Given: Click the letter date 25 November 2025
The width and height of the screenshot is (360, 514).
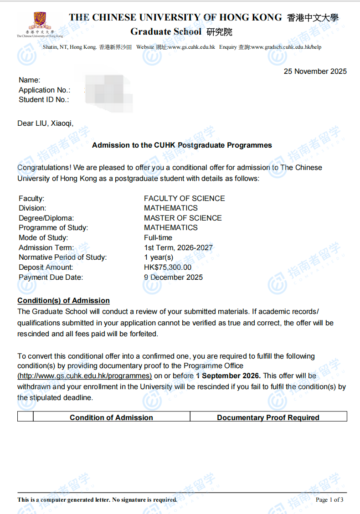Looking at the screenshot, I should tap(315, 72).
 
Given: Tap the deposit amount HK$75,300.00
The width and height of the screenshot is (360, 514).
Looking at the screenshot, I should tap(168, 267).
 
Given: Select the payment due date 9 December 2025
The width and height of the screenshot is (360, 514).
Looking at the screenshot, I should tap(173, 278).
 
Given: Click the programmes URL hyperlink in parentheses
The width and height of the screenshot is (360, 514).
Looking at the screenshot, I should tap(85, 376).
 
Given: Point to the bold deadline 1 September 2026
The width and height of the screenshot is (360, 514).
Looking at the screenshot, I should tap(228, 376).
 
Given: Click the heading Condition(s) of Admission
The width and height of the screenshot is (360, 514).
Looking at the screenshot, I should tap(63, 301).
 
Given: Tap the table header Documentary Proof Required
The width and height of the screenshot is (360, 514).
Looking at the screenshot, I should tap(268, 417).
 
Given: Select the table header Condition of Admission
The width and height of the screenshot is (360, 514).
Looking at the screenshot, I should tap(111, 417).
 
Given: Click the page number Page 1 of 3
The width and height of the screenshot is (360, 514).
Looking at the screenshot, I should tap(329, 500).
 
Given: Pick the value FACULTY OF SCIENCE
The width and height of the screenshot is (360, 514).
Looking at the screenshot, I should tap(184, 199).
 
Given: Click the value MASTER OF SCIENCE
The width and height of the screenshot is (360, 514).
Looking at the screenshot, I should tap(183, 218).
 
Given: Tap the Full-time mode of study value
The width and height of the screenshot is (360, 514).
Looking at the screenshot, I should tap(158, 238).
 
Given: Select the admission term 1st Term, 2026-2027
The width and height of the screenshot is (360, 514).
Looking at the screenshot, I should tap(178, 248).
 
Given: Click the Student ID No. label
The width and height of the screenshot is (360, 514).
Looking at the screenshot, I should tap(44, 100).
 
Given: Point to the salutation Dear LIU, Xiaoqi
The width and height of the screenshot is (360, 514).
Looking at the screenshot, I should tap(45, 123).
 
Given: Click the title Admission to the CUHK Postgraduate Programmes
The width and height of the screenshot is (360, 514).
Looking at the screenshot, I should tap(182, 145).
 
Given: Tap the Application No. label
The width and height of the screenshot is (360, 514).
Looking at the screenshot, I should tap(45, 90).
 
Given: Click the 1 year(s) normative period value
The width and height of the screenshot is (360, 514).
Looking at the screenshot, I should tap(159, 257).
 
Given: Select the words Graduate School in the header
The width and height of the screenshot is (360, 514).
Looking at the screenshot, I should tap(166, 32).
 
